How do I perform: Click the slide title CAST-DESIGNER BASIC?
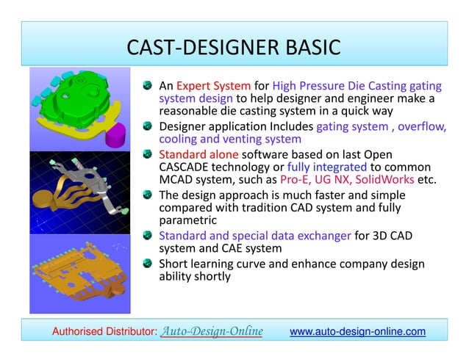pos(234,48)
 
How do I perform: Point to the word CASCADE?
pos(188,167)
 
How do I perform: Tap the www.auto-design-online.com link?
pos(357,332)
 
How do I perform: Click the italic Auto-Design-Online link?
pos(212,332)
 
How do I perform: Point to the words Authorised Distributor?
pos(104,333)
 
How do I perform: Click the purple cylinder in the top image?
pos(118,137)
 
